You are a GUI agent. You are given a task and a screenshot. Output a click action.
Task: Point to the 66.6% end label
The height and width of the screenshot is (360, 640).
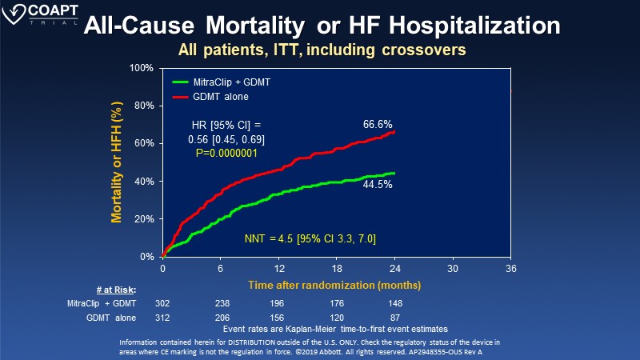point(378,124)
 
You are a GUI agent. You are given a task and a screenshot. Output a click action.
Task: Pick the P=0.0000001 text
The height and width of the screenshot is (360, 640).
point(222,153)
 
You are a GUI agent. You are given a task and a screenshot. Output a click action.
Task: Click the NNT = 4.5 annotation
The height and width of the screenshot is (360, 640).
point(310,238)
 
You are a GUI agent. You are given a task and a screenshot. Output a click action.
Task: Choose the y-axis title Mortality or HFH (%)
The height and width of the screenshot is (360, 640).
point(117,162)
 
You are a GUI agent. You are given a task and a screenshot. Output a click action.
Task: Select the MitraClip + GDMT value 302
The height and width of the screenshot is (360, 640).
point(163,304)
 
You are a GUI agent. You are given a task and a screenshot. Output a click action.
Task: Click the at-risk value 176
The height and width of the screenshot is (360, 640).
point(335,304)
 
